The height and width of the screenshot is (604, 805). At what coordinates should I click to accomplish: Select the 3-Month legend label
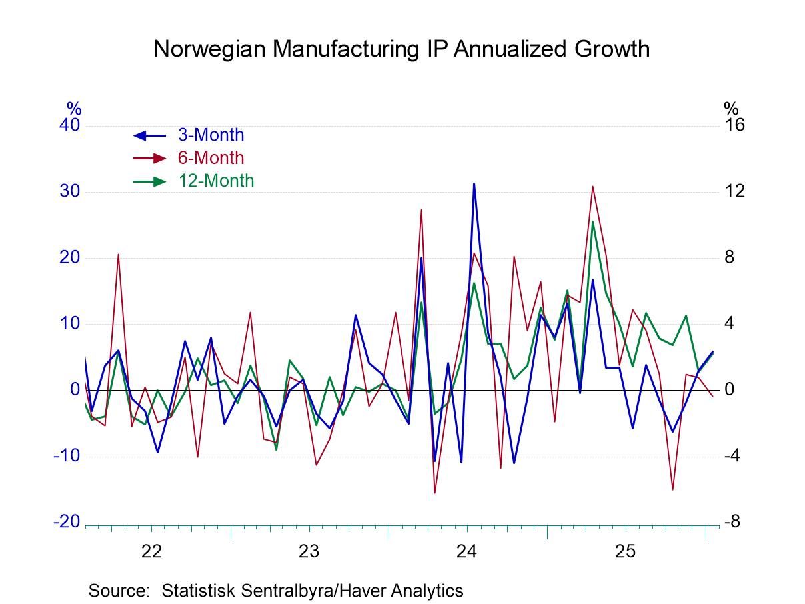click(x=211, y=135)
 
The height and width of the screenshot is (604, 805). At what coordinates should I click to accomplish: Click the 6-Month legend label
click(x=211, y=158)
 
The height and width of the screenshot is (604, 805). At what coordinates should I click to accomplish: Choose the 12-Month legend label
click(x=216, y=181)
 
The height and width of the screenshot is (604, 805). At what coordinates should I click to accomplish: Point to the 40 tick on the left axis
click(x=70, y=125)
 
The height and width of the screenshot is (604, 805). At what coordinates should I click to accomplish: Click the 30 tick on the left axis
click(x=70, y=191)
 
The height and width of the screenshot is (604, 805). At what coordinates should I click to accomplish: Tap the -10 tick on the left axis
click(x=67, y=456)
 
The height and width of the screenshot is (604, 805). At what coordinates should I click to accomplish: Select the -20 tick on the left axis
click(x=67, y=522)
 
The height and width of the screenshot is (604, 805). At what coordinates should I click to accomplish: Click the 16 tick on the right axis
click(x=734, y=125)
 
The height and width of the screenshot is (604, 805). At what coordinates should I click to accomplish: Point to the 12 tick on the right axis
click(x=734, y=191)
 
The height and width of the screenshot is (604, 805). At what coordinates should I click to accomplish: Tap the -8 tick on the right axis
click(x=732, y=522)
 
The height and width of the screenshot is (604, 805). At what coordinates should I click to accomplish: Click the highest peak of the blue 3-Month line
click(x=474, y=183)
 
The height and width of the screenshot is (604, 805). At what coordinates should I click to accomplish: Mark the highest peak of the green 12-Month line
click(x=592, y=222)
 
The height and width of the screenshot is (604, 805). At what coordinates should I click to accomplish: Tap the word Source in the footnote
click(x=120, y=590)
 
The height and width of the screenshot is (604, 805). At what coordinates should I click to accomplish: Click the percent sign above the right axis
click(x=731, y=108)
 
